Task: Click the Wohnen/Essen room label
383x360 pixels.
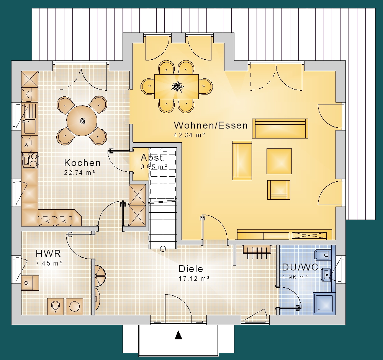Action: [211, 125]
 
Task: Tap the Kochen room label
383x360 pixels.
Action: [82, 163]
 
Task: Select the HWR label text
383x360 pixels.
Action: [48, 253]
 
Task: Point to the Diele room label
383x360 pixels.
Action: [191, 269]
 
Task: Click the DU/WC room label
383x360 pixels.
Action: [300, 267]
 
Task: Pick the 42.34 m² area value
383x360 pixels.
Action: [189, 135]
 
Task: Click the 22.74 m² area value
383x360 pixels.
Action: [80, 173]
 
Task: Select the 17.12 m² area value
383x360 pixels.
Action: [194, 279]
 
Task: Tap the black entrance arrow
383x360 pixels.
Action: [178, 335]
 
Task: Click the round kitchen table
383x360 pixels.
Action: [82, 121]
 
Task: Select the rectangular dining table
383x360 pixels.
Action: [176, 86]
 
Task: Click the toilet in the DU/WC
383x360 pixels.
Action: [323, 255]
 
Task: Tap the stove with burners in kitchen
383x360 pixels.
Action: [30, 160]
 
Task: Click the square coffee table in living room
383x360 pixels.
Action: [279, 161]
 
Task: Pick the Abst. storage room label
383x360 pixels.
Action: [153, 157]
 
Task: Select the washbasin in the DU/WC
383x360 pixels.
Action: [326, 275]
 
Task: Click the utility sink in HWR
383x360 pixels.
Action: [30, 283]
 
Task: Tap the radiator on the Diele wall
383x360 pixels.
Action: [257, 252]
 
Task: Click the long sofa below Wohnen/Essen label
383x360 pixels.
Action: [280, 129]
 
